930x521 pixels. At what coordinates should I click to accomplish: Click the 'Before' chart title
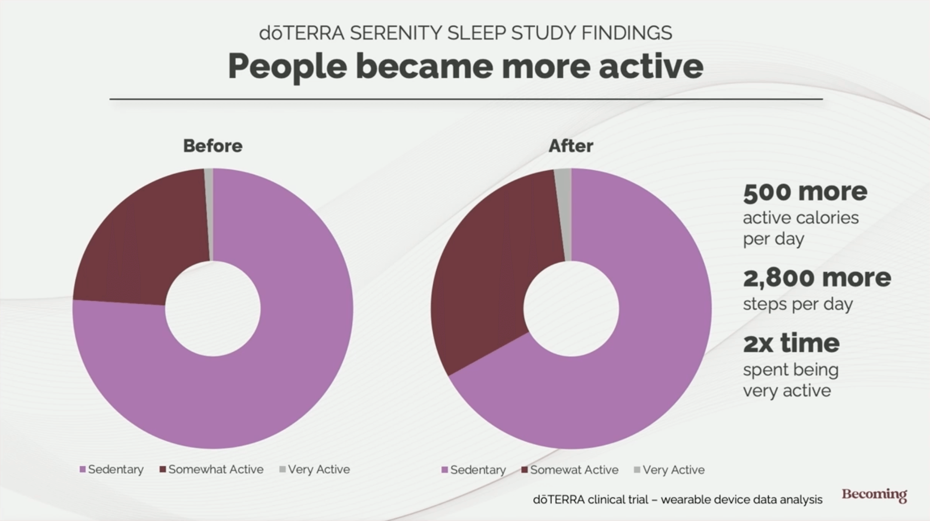212,146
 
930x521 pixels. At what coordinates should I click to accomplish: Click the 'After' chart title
570,146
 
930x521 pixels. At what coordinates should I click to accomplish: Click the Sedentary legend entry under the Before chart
112,470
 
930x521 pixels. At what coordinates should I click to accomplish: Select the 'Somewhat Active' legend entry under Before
212,470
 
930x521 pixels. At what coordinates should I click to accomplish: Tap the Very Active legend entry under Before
314,470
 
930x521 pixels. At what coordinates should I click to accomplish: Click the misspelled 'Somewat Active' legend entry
570,470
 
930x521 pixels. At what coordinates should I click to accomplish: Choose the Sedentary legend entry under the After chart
474,470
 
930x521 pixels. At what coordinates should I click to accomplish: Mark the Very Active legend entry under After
669,470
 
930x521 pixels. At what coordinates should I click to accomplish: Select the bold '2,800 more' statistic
817,278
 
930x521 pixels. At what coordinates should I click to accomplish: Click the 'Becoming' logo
874,495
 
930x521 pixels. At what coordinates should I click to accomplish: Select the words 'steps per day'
797,304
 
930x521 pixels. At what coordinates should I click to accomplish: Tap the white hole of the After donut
571,309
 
